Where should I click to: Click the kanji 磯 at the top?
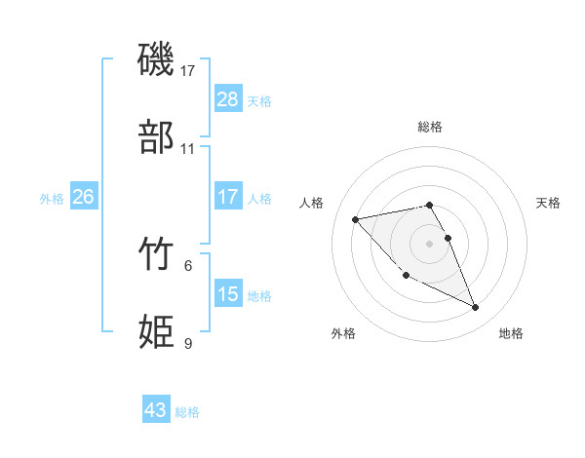coord(158,60)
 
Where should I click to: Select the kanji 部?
coord(158,137)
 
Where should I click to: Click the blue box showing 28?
coord(227,98)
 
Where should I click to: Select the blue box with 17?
coord(227,197)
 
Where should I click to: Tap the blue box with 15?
coord(227,293)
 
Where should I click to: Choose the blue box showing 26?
coord(83,197)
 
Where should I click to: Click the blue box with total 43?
coord(156,410)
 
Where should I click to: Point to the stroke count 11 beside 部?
coord(188,149)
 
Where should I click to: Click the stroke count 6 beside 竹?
coord(188,265)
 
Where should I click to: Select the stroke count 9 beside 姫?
coord(188,343)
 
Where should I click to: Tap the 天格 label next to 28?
coord(259,100)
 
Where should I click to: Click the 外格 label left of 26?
coord(52,198)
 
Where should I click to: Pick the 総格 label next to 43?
coord(188,412)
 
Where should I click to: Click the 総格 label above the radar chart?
coord(430,127)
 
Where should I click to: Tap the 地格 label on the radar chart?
coord(511,333)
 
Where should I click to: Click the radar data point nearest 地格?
coord(476,308)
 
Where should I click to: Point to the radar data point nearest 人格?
coord(356,218)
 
